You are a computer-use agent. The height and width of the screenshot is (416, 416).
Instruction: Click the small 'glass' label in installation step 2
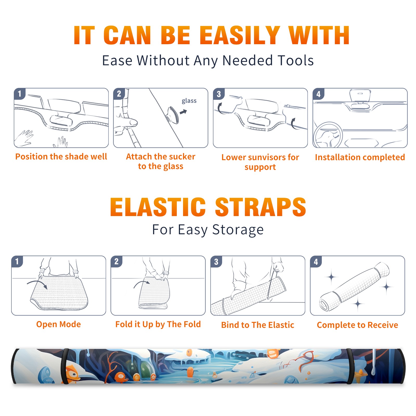[x=189, y=101]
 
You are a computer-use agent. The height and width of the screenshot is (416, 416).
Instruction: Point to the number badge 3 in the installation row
[x=219, y=94]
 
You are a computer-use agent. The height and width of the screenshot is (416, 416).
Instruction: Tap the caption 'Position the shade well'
[x=61, y=157]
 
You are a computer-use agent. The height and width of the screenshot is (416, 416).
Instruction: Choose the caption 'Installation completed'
[x=360, y=157]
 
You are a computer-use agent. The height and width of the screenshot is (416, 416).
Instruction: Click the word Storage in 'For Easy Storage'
[x=238, y=230]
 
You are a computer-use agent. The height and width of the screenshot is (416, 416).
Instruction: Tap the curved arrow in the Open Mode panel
[x=37, y=284]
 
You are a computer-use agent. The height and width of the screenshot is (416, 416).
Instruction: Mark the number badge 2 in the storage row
[x=116, y=262]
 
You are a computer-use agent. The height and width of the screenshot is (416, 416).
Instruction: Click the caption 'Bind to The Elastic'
[x=257, y=325]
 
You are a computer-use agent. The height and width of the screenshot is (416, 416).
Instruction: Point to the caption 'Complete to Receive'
[x=357, y=325]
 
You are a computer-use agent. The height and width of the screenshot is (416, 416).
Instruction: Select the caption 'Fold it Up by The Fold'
[x=158, y=324]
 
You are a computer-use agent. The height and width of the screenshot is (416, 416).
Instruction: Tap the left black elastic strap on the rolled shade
[x=64, y=366]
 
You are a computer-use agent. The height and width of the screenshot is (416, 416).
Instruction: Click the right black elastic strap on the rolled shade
[x=350, y=366]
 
